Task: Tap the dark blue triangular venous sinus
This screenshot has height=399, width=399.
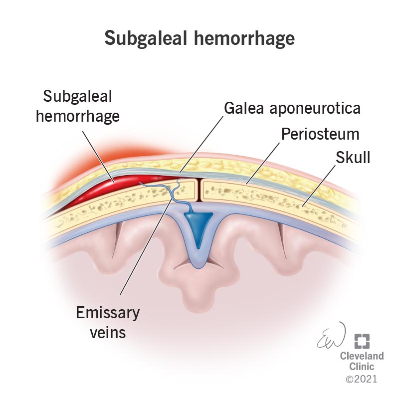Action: [199, 224]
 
